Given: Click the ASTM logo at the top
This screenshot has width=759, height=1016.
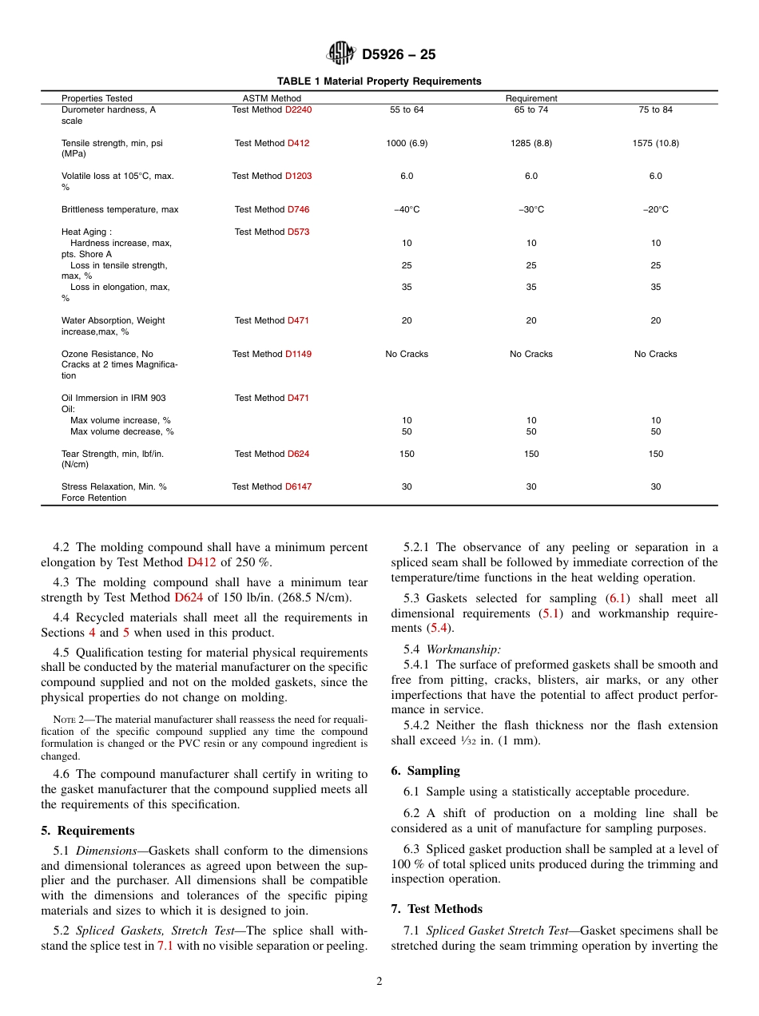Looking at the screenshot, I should [341, 54].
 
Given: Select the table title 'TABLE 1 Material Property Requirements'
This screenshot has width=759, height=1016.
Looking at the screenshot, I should [379, 81].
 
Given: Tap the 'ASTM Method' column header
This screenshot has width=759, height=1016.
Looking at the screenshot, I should [272, 98].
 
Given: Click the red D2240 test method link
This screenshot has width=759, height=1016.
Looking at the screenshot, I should [298, 109].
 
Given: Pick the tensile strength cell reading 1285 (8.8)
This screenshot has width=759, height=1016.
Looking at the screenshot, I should [531, 143].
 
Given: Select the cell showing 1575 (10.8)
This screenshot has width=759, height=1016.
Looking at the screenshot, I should [655, 143].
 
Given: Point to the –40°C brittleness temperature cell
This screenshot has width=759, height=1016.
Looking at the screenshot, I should [407, 209].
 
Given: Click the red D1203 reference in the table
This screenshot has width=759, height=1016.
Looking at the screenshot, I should [298, 176].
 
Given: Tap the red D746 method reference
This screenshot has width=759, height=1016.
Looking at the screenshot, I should [298, 209].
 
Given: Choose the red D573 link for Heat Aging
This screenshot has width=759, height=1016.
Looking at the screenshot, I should [298, 232].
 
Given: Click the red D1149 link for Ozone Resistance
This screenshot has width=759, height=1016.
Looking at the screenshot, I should [298, 354].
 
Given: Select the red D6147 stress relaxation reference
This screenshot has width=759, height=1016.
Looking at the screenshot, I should [298, 486].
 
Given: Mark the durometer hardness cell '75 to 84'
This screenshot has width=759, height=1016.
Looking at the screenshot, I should [655, 109].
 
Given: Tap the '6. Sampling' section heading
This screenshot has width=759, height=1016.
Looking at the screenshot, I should [425, 771].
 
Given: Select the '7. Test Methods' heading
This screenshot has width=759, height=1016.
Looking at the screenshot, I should [436, 909].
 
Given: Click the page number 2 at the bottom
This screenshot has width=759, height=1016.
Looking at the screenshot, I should [379, 982].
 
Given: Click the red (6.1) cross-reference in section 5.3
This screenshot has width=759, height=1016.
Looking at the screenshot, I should [616, 598].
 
